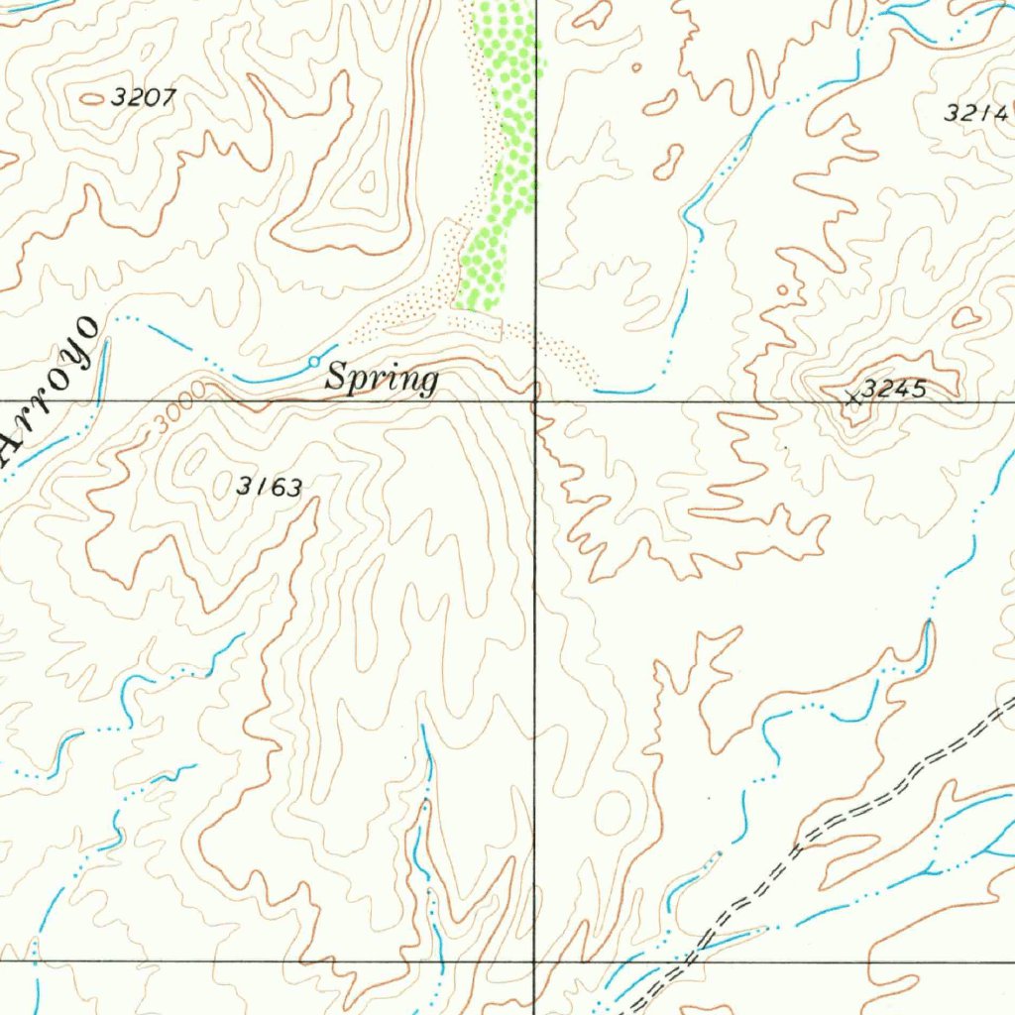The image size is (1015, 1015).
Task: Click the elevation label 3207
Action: click(x=144, y=97)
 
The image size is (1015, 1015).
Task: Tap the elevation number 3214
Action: click(x=975, y=113)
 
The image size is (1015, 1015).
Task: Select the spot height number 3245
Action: click(x=893, y=390)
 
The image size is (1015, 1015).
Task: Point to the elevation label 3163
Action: click(x=269, y=486)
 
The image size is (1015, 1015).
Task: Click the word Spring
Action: click(x=383, y=378)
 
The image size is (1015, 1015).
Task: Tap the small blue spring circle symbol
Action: click(x=314, y=361)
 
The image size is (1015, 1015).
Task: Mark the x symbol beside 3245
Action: click(x=850, y=398)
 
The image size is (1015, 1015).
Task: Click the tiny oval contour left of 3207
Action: click(x=90, y=98)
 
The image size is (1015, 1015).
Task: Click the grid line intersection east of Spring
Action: click(x=535, y=401)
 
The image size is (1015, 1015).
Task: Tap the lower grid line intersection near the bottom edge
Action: click(x=534, y=960)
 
